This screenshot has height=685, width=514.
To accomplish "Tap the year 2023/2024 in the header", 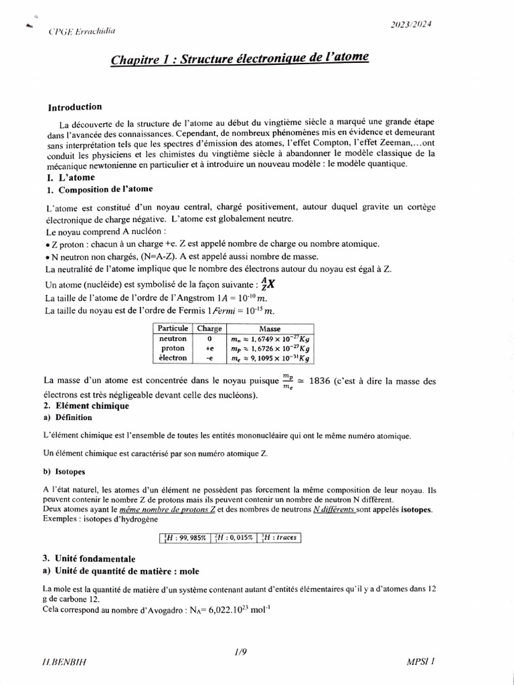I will [410, 25].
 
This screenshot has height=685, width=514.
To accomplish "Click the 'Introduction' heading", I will [75, 107].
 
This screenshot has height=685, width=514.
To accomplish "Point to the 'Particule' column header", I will [173, 328].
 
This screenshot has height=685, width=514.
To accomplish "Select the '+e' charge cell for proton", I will [209, 349].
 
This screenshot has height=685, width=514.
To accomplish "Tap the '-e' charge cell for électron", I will [209, 358].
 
